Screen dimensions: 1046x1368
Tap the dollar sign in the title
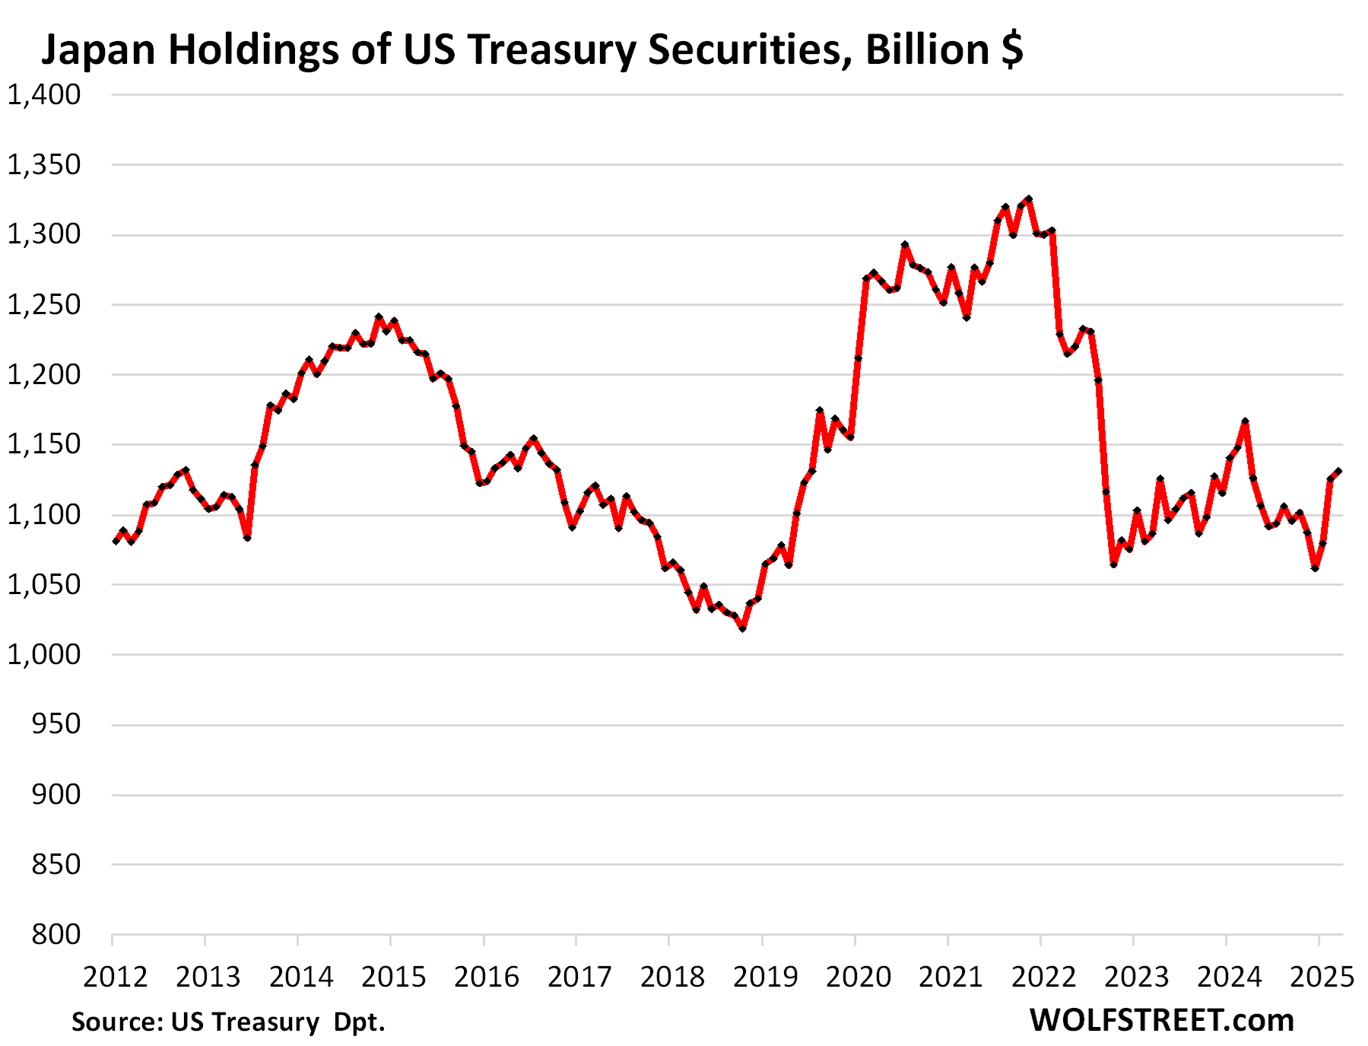[x=1011, y=49]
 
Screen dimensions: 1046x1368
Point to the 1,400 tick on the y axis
[x=44, y=94]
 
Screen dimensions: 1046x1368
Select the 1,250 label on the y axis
[x=44, y=304]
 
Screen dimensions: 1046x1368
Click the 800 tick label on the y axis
[x=56, y=934]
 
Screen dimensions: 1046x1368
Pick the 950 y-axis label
[x=56, y=724]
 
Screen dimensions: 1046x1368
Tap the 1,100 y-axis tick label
[x=44, y=514]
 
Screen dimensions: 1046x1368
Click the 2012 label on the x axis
[x=116, y=977]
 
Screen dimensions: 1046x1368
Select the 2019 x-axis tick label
[x=765, y=977]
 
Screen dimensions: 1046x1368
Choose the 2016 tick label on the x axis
[x=487, y=977]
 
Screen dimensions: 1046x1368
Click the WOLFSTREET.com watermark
[x=1161, y=1020]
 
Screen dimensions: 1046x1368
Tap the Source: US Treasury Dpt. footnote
[x=228, y=1022]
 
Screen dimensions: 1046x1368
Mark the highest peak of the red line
[x=1029, y=199]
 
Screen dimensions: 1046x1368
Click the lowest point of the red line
[x=742, y=628]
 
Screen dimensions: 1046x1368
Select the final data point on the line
[x=1338, y=472]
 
